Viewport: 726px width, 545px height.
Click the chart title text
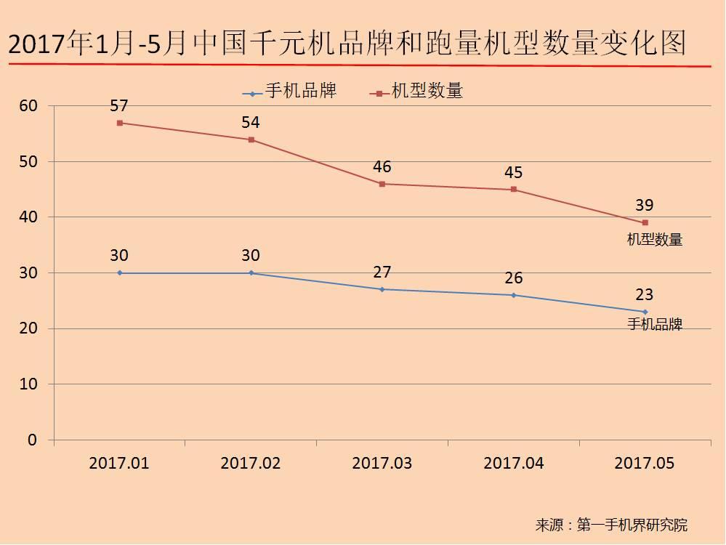pos(347,44)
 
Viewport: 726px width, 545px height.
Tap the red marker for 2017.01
pos(120,123)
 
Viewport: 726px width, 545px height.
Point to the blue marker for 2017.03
pos(382,289)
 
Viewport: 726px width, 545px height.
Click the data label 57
pos(119,106)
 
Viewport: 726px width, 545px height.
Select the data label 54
pos(251,123)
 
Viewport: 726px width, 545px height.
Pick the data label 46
pos(382,167)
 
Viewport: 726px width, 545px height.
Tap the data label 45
pos(514,173)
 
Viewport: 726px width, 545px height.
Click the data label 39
pos(645,206)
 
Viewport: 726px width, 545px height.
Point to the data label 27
pos(382,272)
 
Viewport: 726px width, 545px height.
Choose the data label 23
pos(645,295)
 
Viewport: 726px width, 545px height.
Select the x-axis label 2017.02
pos(251,463)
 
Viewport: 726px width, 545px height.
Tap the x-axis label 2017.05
pos(645,463)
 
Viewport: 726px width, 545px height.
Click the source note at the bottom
pos(610,525)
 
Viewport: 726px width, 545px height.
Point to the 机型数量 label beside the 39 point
pos(655,239)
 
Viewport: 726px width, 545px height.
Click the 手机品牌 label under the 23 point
pos(655,325)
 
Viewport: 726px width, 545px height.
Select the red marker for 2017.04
pos(514,190)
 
